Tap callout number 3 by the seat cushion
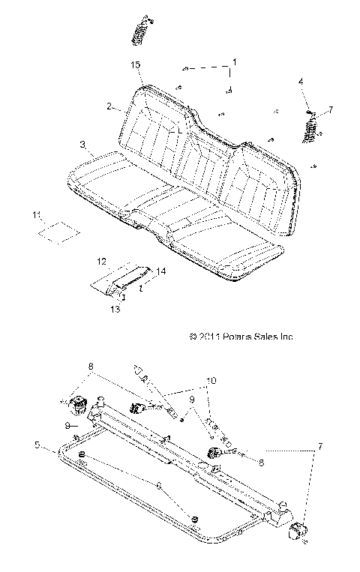point(82,143)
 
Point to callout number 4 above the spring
point(301,80)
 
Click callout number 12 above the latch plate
point(102,261)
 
